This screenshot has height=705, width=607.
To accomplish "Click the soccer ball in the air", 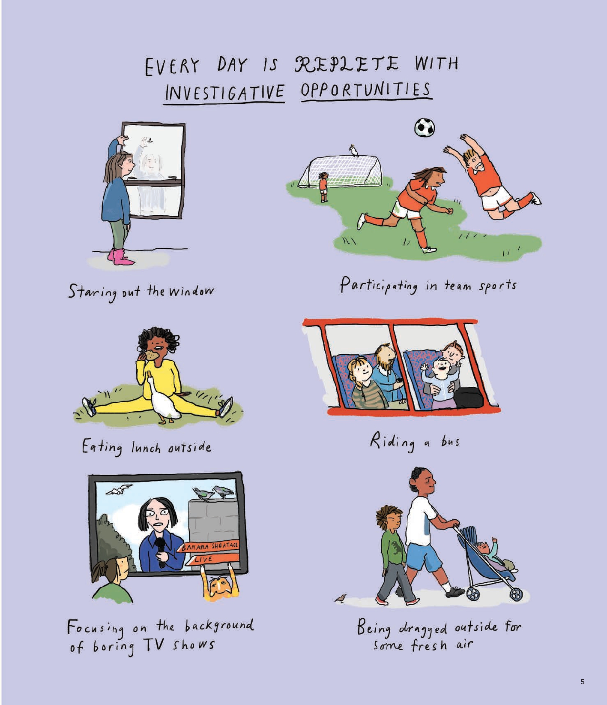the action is tap(425, 127).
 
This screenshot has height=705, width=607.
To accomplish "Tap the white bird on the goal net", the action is tap(353, 151).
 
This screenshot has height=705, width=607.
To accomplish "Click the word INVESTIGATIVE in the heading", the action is tap(225, 92).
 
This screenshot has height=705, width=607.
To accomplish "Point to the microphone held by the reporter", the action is tap(161, 552).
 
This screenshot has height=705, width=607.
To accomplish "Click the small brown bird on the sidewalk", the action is tap(341, 598).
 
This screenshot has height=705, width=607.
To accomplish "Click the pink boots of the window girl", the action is tap(120, 257).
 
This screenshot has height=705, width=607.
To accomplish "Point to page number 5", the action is tap(582, 681).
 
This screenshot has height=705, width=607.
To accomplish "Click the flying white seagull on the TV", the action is tap(120, 489).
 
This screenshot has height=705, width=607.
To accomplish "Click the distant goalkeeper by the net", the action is tap(323, 187).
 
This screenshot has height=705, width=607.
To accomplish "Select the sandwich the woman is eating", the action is tap(151, 355).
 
